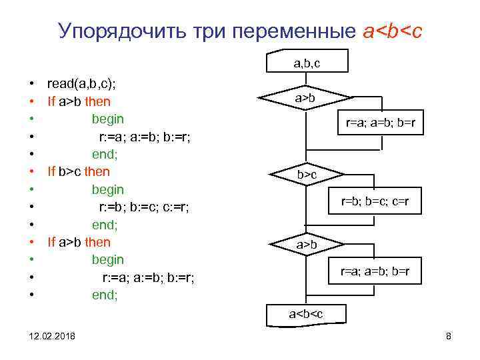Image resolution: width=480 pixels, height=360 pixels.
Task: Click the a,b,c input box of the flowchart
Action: [x=307, y=63]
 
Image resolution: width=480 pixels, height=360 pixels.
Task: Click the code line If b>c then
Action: [x=79, y=171]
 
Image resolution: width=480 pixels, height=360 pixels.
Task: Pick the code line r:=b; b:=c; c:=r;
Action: [x=144, y=207]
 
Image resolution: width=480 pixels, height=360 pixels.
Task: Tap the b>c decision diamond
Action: [x=307, y=175]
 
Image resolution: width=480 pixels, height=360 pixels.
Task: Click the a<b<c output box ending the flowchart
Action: [x=305, y=313]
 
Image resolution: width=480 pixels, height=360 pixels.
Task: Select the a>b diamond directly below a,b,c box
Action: [x=306, y=99]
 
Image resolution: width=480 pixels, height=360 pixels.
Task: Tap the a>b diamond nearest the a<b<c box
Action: [x=307, y=245]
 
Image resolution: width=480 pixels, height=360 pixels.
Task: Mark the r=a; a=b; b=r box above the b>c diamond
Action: [x=380, y=123]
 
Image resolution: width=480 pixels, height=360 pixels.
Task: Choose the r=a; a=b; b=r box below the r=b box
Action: [x=375, y=271]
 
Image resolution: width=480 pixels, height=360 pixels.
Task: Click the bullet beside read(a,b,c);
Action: [x=31, y=85]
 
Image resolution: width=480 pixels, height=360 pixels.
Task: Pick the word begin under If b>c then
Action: [x=107, y=189]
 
